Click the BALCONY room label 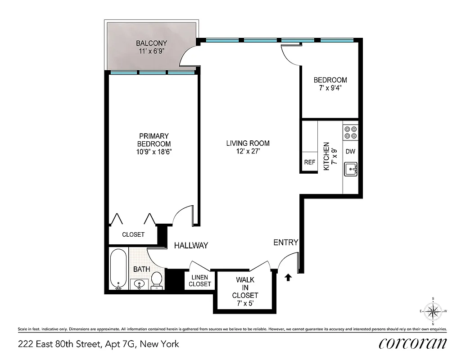coord(151,44)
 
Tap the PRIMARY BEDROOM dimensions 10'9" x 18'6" coord(154,152)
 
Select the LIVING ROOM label coord(248,144)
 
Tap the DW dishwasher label coord(350,152)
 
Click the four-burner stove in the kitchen coord(350,132)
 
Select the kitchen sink coord(350,170)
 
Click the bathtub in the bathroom coord(118,269)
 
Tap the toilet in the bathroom coord(157,279)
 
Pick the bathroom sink coord(139,284)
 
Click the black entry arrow coord(288,277)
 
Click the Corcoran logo coord(412,343)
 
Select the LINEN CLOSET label coord(199,281)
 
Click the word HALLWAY coord(191,245)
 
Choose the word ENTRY coord(285,243)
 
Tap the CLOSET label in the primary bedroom coord(133,234)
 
